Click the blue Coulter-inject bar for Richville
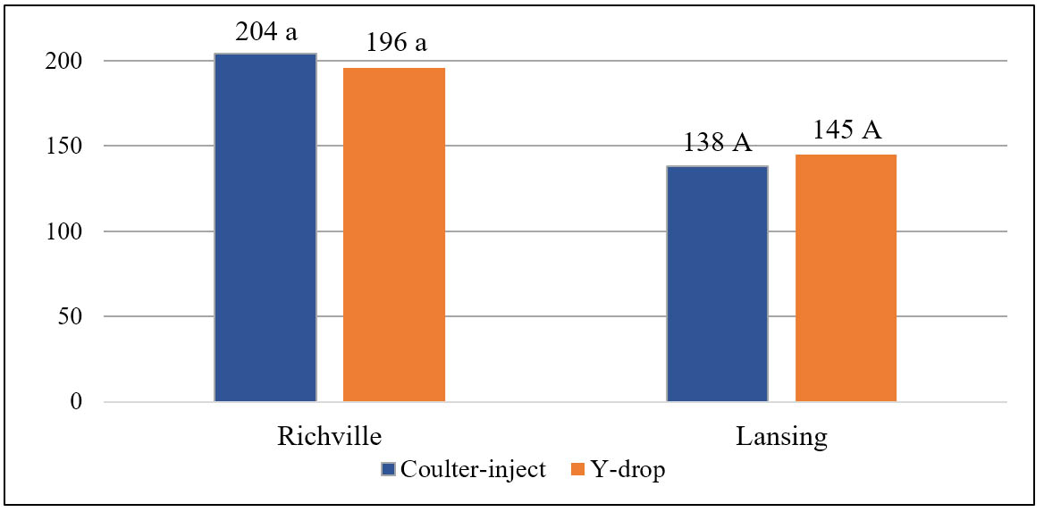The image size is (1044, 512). coord(265,228)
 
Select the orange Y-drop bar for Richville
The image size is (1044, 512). coord(394,235)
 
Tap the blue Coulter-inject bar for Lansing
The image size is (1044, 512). coord(717,283)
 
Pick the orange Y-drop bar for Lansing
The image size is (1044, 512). coord(846,278)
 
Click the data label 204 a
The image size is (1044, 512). coord(265,34)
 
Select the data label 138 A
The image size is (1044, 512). coord(717,144)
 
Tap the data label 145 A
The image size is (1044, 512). coord(846,130)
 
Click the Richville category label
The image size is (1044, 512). coord(330,438)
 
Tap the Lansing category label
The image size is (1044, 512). coord(781,438)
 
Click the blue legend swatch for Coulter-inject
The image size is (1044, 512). coord(387,470)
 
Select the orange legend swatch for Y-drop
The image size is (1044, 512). coord(577,470)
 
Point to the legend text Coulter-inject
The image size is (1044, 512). coord(474,470)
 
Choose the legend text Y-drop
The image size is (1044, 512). coord(630,470)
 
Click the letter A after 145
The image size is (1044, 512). coord(871,130)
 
